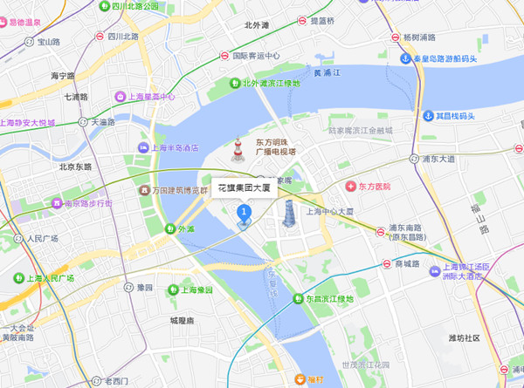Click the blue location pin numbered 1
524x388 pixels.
(245, 212)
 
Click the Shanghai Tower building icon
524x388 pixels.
(288, 212)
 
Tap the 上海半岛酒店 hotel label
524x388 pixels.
(174, 147)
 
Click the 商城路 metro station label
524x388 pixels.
(407, 263)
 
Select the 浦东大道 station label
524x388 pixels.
(437, 159)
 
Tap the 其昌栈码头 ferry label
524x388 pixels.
(453, 115)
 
